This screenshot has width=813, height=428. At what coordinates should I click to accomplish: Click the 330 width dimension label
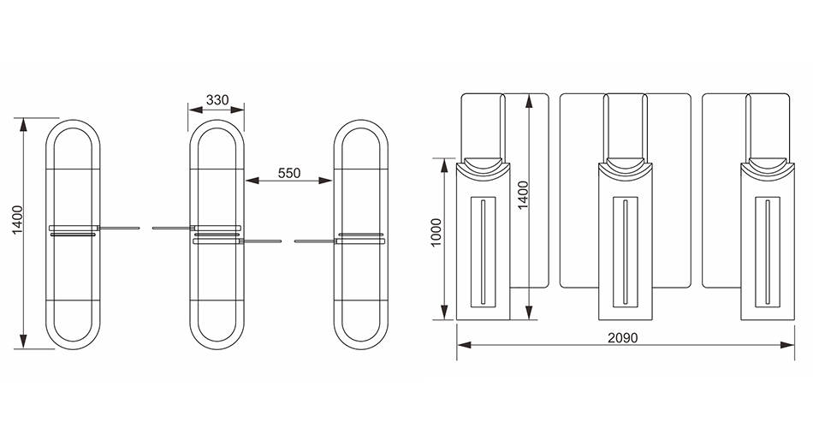pyautogui.click(x=217, y=99)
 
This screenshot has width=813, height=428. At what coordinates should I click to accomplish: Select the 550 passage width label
pyautogui.click(x=288, y=173)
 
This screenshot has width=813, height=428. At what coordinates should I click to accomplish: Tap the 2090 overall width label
pyautogui.click(x=623, y=338)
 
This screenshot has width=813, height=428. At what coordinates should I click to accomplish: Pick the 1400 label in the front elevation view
pyautogui.click(x=523, y=195)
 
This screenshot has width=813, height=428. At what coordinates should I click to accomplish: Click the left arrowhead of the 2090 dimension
pyautogui.click(x=464, y=344)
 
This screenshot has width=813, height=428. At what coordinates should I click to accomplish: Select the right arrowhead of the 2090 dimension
pyautogui.click(x=787, y=344)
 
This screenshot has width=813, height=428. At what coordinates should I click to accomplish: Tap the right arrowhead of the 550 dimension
pyautogui.click(x=325, y=181)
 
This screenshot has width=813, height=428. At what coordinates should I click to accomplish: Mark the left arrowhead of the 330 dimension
pyautogui.click(x=195, y=109)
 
